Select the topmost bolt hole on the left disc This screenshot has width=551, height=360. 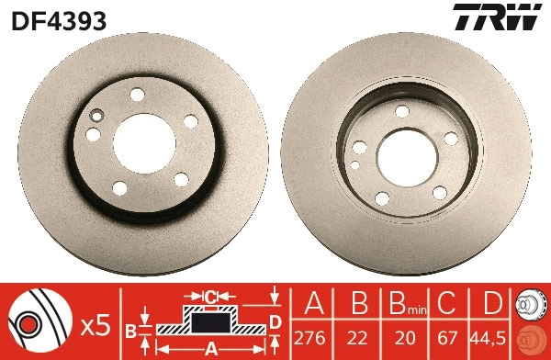tap(138, 95)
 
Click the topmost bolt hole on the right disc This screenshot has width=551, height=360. tap(401, 111)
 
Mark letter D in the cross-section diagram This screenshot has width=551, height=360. tap(275, 321)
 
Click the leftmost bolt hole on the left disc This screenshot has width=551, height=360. tap(94, 134)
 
